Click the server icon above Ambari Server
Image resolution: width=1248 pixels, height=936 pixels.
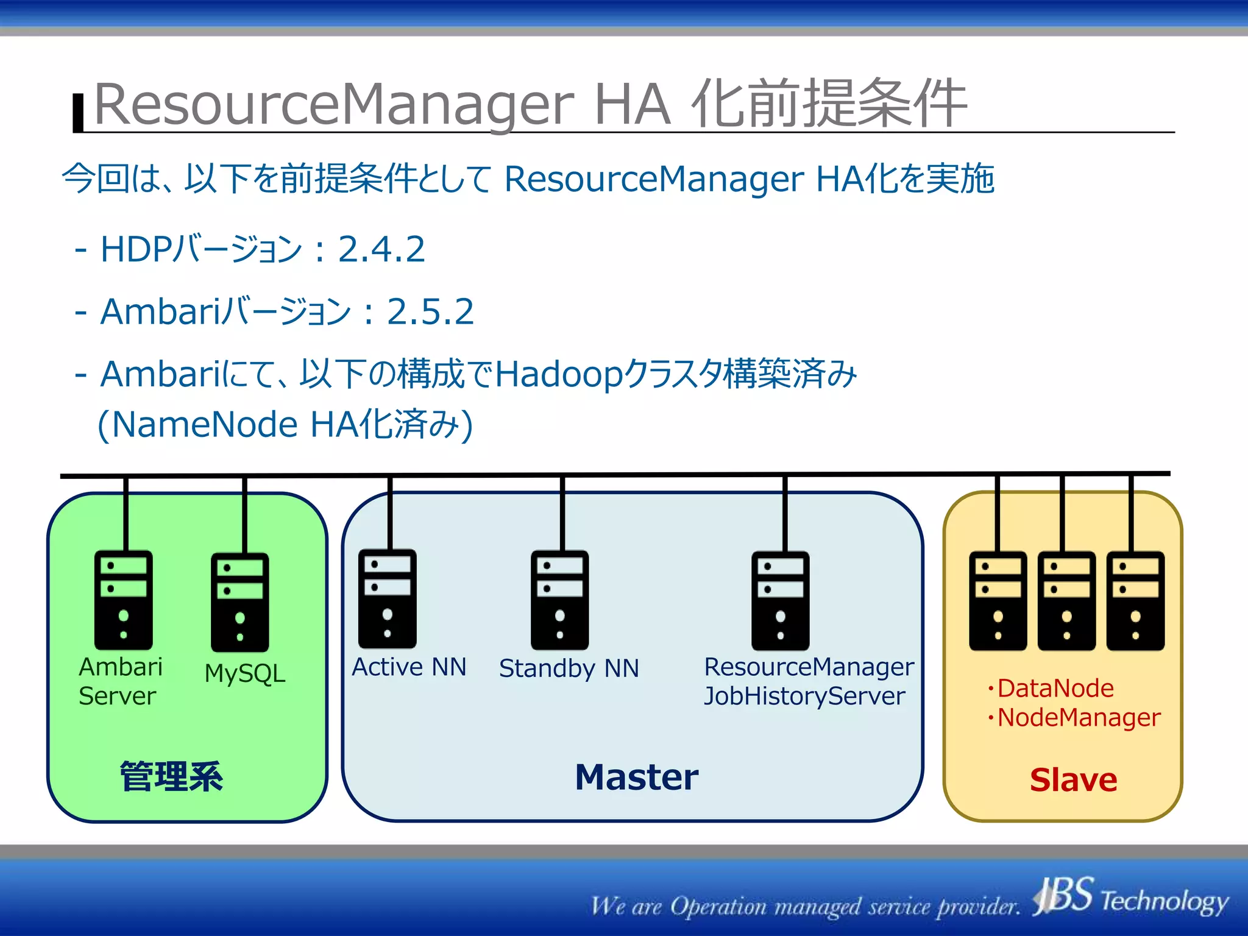[123, 600]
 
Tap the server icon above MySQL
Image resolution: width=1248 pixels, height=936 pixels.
[239, 602]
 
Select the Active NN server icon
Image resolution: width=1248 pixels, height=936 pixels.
[387, 598]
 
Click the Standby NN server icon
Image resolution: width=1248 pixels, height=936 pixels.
[559, 600]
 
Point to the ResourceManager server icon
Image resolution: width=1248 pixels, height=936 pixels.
[780, 601]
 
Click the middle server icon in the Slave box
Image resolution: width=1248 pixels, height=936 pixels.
[1066, 601]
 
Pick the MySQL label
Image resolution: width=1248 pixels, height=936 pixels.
[245, 673]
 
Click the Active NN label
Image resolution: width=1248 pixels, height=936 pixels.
[409, 667]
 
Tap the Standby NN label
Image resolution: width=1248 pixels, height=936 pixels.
[569, 668]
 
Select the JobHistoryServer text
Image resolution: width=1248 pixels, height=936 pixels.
[804, 696]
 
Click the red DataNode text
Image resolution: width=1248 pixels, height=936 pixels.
[1055, 689]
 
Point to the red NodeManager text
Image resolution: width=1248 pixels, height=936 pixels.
[1079, 717]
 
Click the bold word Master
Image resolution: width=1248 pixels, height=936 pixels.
[636, 778]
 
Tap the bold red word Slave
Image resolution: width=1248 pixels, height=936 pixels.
[1073, 780]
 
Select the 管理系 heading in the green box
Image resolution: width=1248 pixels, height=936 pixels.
[171, 777]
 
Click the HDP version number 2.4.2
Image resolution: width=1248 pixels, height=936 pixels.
[381, 249]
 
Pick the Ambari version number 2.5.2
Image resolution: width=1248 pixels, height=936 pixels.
[430, 311]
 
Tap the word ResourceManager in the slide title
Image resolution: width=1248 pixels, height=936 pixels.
[334, 105]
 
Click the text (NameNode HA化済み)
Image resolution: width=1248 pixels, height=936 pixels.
[285, 424]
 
